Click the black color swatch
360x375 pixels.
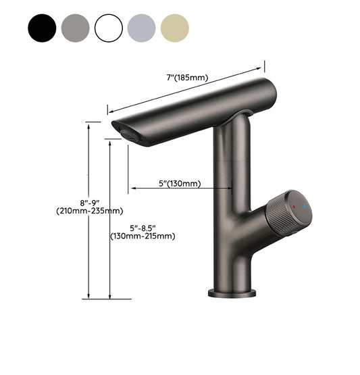coord(41,28)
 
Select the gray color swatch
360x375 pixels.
coord(74,28)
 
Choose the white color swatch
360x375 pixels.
coord(109,28)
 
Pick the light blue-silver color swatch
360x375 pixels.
coord(142,28)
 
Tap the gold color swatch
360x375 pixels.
coord(176,28)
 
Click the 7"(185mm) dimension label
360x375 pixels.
coord(187,79)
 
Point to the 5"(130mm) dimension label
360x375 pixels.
coord(178,182)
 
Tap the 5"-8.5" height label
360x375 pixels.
coord(143,226)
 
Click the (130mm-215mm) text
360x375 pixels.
coord(143,236)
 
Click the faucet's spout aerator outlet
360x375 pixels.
coord(126,132)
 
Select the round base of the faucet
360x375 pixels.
coord(232,293)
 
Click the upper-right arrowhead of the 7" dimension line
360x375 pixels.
coord(259,67)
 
